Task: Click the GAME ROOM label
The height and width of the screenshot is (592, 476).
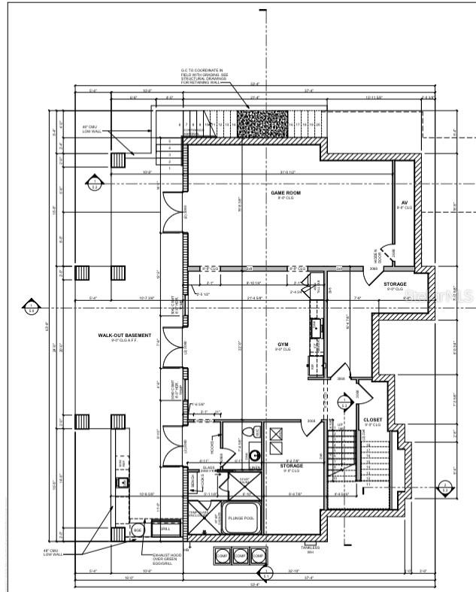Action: (286, 193)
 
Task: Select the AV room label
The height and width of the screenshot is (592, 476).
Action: (404, 203)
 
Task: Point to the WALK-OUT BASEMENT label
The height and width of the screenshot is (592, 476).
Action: (124, 335)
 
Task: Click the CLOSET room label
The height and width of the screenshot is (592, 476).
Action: (371, 420)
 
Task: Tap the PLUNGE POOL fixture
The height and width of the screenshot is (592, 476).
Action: (241, 519)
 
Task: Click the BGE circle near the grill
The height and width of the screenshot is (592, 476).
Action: (138, 530)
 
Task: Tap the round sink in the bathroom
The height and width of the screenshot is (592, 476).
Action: (255, 455)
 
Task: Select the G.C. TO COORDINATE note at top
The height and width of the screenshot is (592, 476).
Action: (203, 75)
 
